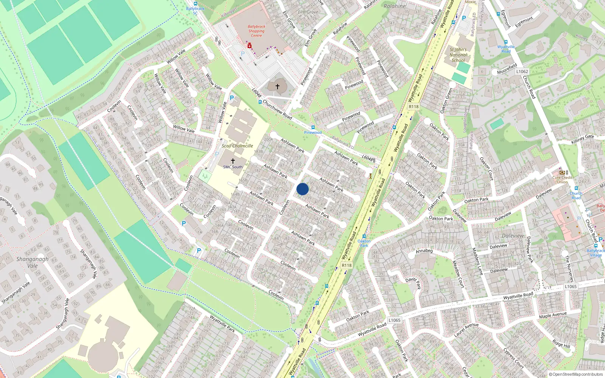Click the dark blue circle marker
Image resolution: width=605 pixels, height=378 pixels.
[x=302, y=189]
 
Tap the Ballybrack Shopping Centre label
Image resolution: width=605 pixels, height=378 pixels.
[x=256, y=31]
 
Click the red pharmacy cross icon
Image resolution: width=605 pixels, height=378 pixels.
[x=250, y=46]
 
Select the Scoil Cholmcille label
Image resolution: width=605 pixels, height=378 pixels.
[x=237, y=146]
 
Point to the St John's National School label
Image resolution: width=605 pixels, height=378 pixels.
[x=458, y=55]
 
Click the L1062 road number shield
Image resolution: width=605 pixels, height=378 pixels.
[x=522, y=71]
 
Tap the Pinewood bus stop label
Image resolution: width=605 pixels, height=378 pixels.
[x=313, y=133]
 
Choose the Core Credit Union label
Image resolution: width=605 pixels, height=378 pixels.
[x=562, y=180]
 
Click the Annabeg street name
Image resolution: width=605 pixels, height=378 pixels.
[x=424, y=251]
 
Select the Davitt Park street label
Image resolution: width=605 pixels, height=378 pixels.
[x=413, y=282]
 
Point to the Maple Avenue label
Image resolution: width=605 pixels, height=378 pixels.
[x=553, y=315]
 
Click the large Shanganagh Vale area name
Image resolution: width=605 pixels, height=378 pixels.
[x=33, y=262]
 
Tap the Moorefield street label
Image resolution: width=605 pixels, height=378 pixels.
[x=507, y=69]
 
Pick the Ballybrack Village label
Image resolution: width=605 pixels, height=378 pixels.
[x=596, y=253]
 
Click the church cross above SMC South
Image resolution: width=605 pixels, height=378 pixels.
[x=233, y=161]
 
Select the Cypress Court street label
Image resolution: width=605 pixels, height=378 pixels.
[x=513, y=358]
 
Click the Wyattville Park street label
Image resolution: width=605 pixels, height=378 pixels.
[x=222, y=324]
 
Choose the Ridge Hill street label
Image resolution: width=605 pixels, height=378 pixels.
[x=561, y=344]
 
